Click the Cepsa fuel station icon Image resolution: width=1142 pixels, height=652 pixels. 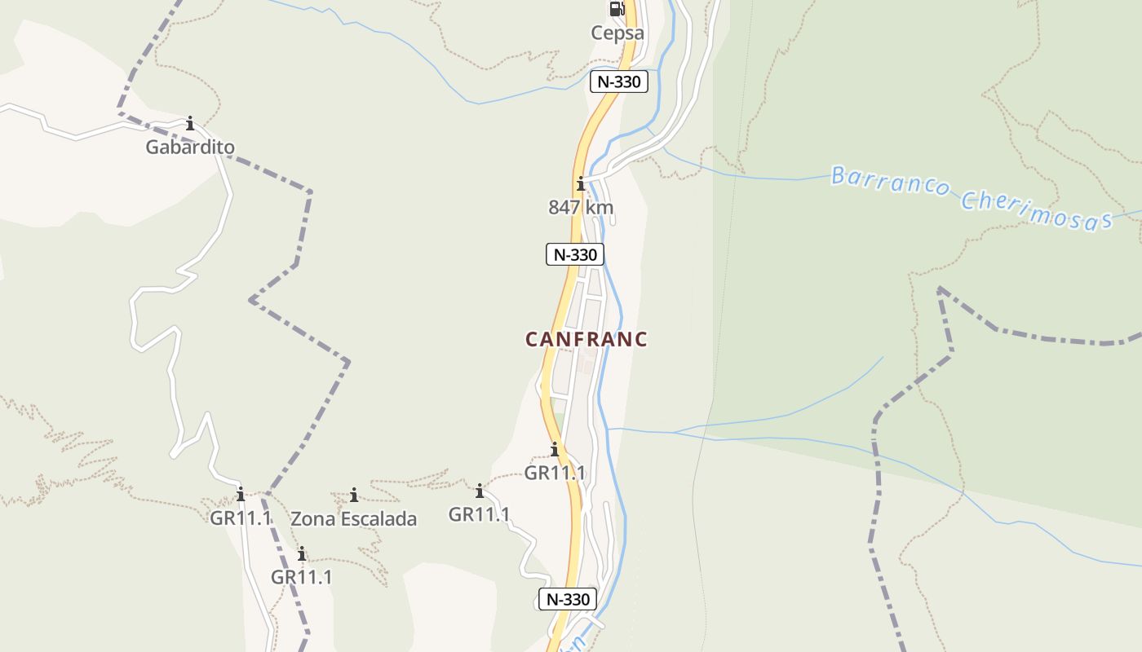coord(617,9)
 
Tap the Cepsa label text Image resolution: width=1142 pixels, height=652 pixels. coord(617,33)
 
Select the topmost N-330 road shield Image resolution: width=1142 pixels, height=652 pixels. coord(619,81)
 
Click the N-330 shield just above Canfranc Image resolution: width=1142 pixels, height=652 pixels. coord(575,254)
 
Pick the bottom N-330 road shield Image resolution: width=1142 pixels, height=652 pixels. coord(568,599)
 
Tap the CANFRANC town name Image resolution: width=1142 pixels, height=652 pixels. coord(586,339)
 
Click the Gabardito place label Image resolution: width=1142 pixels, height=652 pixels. coord(190,148)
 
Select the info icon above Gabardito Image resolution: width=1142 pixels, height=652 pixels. coord(190,124)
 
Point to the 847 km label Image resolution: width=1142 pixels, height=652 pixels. coord(581,208)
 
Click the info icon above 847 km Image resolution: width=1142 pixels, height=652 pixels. coord(581,183)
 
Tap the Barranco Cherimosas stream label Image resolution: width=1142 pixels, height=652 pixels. coord(971,198)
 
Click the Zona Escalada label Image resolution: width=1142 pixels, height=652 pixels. coord(353,519)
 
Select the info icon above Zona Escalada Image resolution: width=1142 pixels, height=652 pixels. coord(354,495)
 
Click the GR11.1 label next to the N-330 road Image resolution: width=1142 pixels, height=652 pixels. coord(555,473)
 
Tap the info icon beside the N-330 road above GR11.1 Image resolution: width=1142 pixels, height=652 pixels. coord(555,449)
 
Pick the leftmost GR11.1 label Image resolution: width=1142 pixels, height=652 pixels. coord(241,518)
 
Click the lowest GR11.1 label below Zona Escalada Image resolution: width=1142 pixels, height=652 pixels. coord(302,577)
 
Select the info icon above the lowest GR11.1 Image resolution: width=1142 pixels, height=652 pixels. coord(302,554)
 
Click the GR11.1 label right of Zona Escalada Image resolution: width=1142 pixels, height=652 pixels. coord(480,514)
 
